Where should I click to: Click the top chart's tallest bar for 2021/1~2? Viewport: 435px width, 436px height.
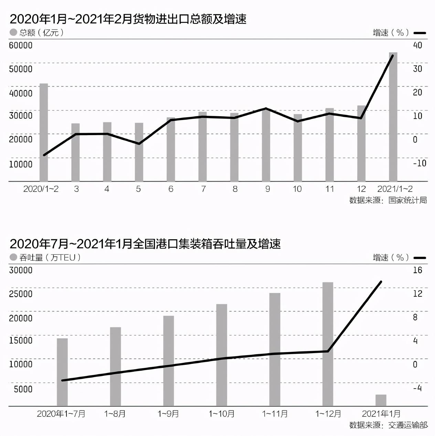point(393,117)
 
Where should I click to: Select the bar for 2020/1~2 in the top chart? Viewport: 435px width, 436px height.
point(44,132)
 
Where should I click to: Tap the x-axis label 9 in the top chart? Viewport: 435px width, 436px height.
point(267,189)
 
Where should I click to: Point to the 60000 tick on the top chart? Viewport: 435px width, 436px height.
point(21,45)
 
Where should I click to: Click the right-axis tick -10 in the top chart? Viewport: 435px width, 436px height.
point(420,163)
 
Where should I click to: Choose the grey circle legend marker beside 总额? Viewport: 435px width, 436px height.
point(13,32)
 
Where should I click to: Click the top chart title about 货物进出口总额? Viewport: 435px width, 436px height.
point(128,19)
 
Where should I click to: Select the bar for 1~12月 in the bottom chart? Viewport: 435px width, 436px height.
point(328,344)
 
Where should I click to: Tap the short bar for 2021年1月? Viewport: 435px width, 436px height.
point(381,400)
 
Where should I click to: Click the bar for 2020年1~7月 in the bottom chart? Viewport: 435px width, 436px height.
point(62,372)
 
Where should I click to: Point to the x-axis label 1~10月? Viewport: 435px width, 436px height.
point(222,414)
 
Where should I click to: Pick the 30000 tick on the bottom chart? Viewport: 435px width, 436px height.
point(21,270)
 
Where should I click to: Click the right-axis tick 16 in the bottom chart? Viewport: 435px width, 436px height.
point(417,270)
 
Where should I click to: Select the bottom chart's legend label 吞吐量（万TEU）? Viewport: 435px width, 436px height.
point(50,257)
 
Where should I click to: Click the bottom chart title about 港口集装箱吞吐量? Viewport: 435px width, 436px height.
point(145,244)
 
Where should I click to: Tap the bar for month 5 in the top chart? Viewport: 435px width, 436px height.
point(139,152)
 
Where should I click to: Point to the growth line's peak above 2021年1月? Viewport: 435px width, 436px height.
point(381,282)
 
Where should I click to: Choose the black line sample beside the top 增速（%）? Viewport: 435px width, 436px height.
point(420,33)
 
